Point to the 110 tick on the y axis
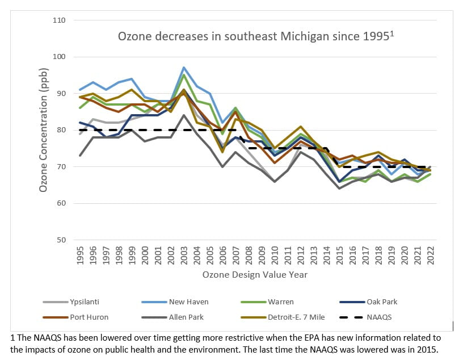tap(60, 20)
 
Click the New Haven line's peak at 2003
tap(184, 68)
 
